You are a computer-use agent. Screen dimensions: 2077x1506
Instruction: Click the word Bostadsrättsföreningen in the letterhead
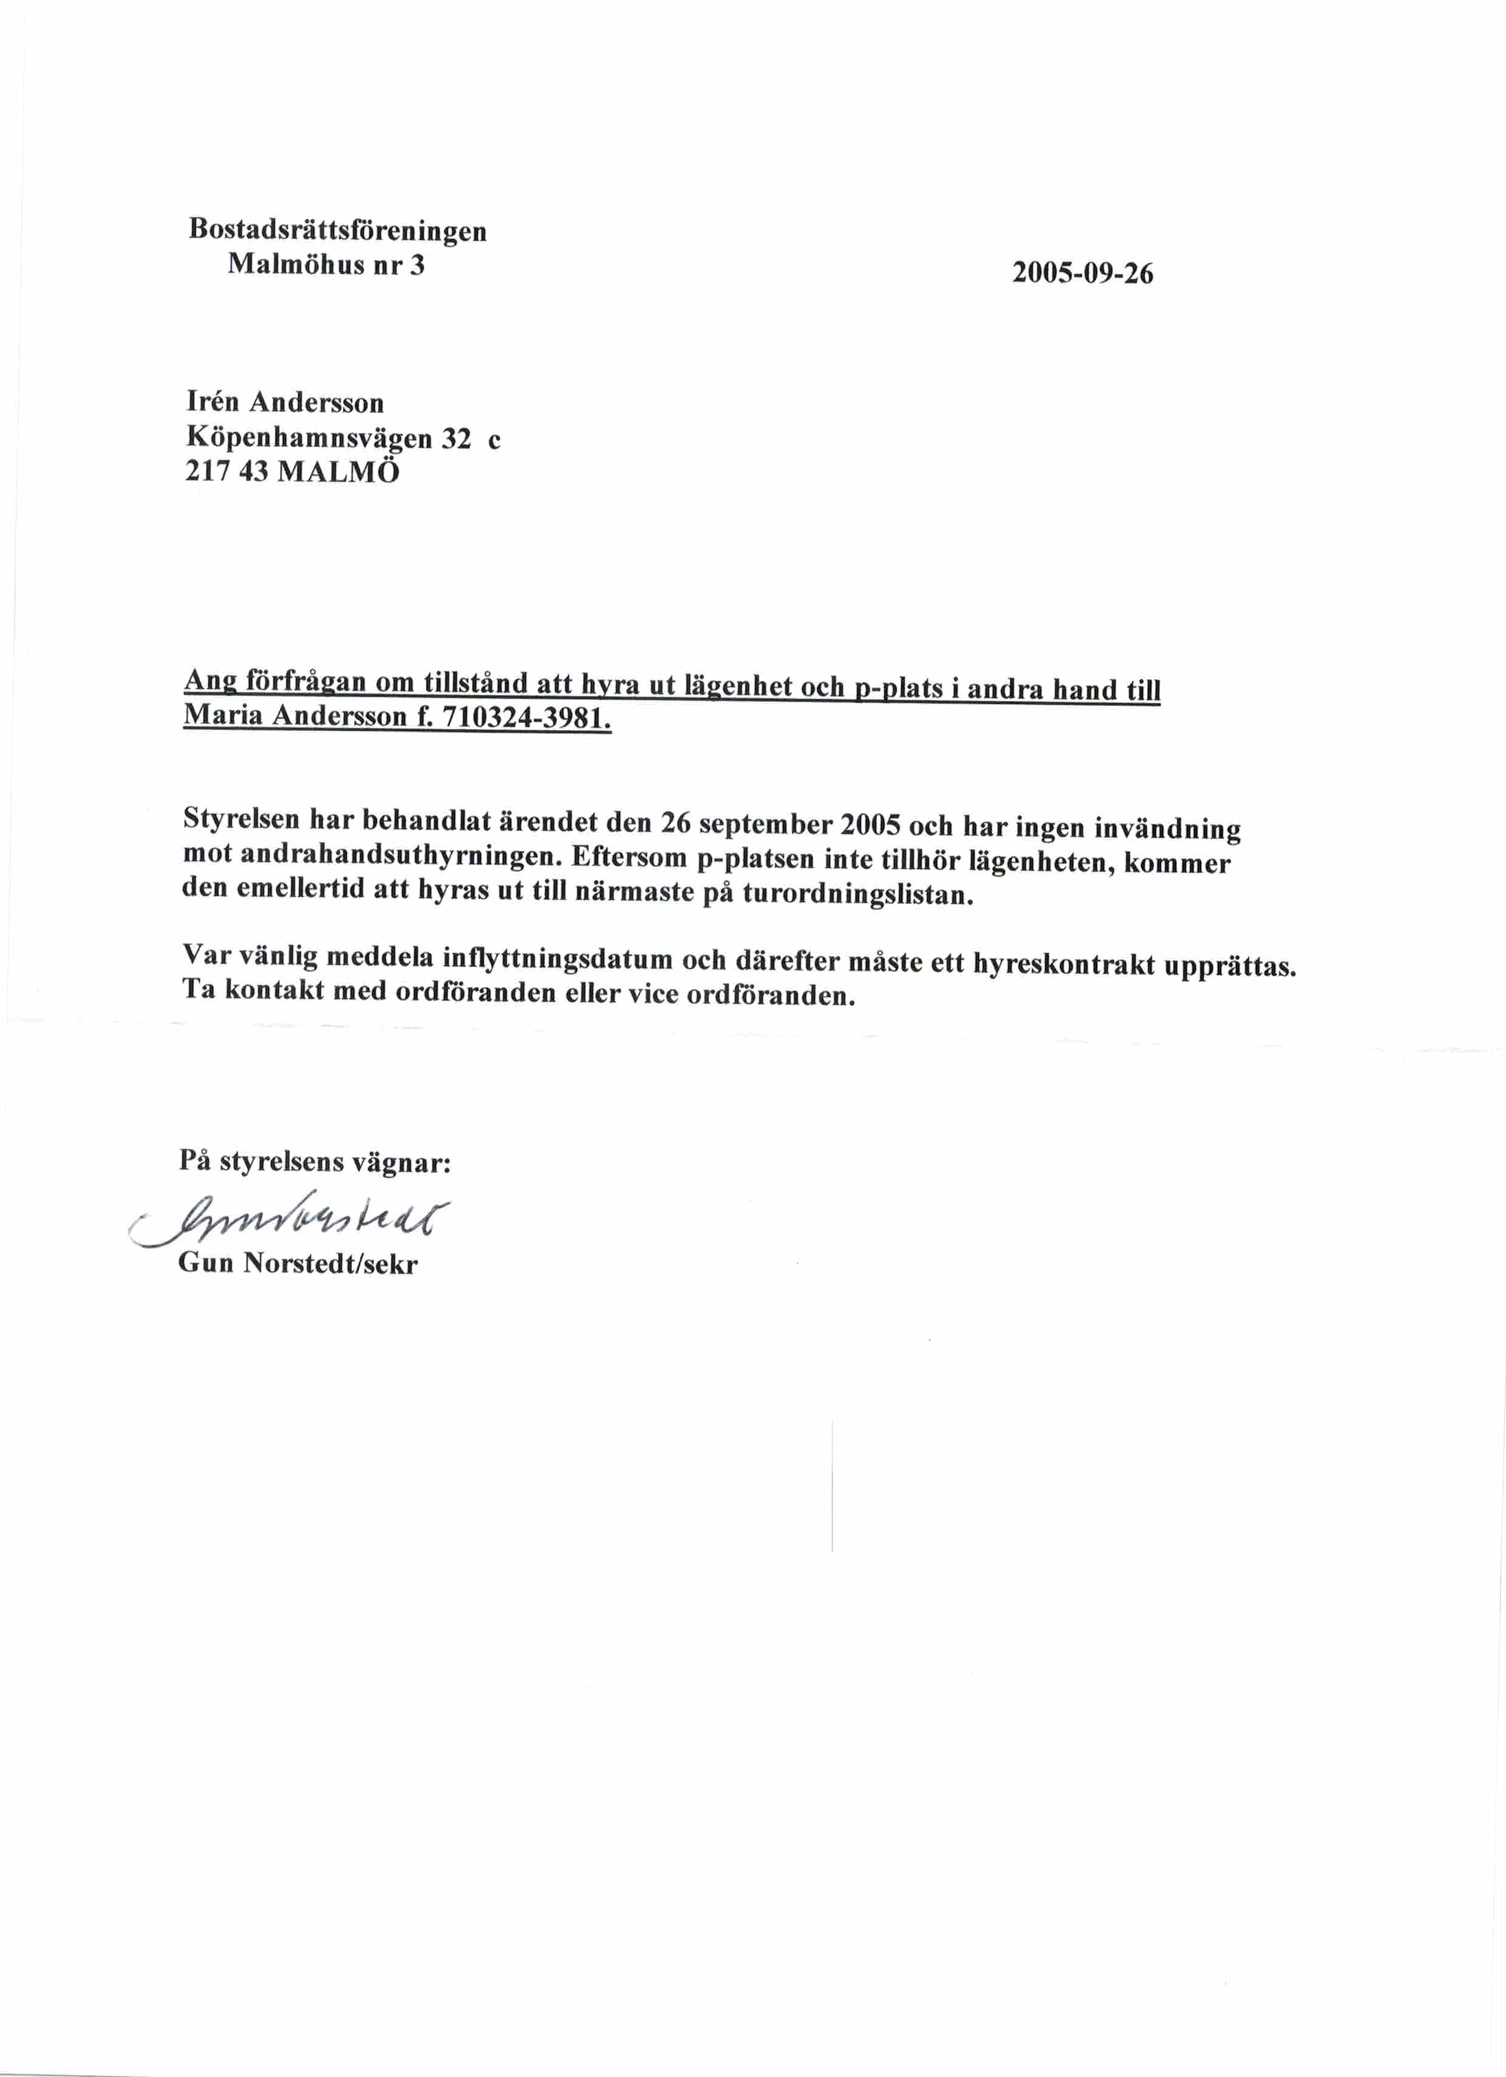click(337, 229)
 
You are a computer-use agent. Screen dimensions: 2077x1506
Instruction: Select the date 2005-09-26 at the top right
click(1082, 273)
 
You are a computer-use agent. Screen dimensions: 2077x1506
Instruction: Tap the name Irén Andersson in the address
click(285, 402)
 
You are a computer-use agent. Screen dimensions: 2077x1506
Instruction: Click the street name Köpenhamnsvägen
click(308, 439)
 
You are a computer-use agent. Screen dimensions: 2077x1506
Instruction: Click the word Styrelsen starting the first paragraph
click(240, 817)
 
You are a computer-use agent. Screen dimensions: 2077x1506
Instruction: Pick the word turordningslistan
click(856, 893)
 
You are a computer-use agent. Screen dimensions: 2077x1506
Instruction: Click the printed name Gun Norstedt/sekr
click(298, 1264)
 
